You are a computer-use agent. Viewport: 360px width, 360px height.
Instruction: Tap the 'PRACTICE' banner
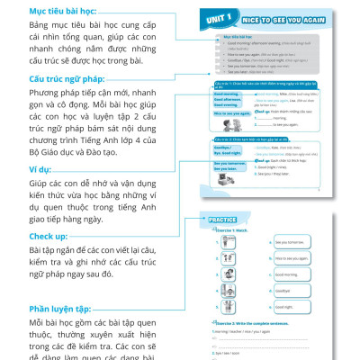pyautogui.click(x=223, y=220)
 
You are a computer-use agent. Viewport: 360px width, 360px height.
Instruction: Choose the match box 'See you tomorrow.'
pyautogui.click(x=292, y=242)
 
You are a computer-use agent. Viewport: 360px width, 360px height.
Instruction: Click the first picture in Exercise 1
pyautogui.click(x=222, y=242)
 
